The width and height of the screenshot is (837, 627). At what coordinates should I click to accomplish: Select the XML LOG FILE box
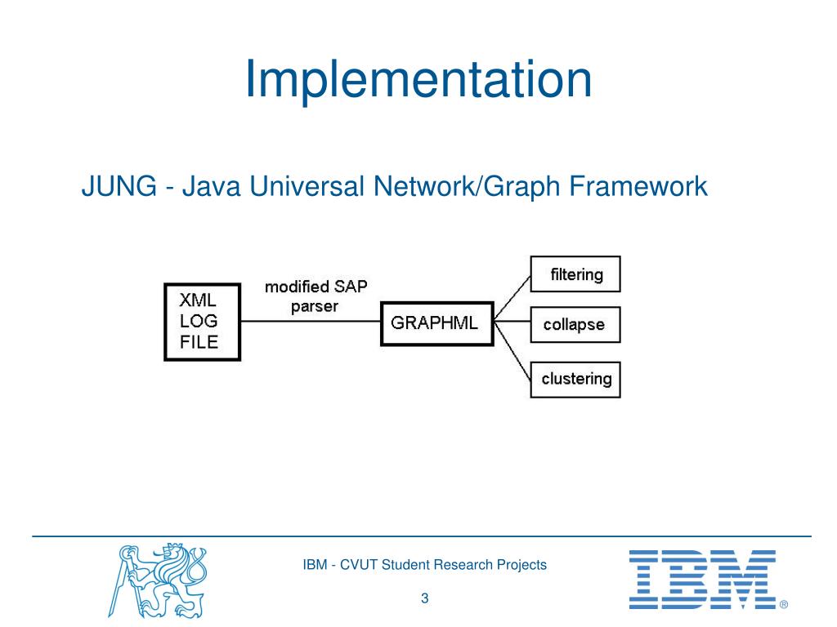(202, 322)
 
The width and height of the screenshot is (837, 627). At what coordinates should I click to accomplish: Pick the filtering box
(575, 274)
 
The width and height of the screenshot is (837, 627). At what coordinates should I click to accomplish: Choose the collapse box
(575, 325)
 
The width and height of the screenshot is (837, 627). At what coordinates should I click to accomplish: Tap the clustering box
(575, 379)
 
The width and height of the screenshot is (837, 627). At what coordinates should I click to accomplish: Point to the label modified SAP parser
(315, 296)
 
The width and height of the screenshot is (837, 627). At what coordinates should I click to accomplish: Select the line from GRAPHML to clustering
(513, 349)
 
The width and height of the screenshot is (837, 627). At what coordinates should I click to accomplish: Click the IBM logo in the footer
(701, 579)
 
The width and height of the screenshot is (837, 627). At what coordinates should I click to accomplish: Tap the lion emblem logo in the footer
(159, 580)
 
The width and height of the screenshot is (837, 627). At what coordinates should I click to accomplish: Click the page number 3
(425, 599)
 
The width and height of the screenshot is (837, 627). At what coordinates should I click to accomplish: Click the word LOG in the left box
(199, 322)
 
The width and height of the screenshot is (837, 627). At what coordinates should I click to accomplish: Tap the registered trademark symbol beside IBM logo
(783, 605)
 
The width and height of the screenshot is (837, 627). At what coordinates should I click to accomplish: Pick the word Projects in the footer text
(523, 564)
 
